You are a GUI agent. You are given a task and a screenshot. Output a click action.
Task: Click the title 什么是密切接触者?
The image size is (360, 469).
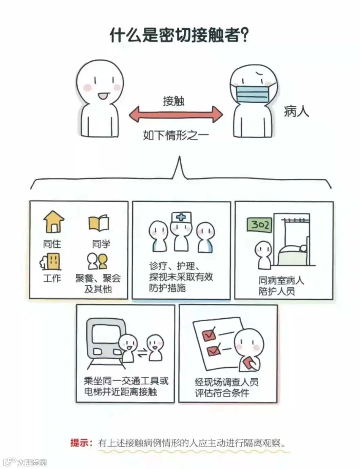pyautogui.click(x=180, y=35)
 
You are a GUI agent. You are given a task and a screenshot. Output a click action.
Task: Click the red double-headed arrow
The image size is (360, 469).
pyautogui.click(x=176, y=114)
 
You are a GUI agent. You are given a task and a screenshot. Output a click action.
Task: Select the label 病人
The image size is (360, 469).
pyautogui.click(x=296, y=111)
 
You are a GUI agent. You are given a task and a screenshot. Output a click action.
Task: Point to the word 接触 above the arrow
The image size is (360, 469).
pyautogui.click(x=174, y=101)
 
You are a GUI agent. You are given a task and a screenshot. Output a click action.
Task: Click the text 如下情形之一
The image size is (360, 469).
pyautogui.click(x=176, y=135)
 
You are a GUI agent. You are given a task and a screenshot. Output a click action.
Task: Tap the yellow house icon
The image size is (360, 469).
pyautogui.click(x=54, y=222)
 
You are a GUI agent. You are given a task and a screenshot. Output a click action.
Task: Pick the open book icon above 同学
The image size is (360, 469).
pyautogui.click(x=99, y=223)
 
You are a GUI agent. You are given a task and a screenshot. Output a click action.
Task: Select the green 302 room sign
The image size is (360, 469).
pyautogui.click(x=260, y=225)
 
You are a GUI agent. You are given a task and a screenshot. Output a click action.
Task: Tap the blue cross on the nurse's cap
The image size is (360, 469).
pyautogui.click(x=181, y=217)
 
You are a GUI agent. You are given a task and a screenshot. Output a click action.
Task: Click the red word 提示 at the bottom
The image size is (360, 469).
pyautogui.click(x=80, y=443)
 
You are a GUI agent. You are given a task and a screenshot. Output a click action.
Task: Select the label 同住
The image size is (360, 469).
pyautogui.click(x=52, y=243)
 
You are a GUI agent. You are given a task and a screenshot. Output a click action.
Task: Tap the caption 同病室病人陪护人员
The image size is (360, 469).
pyautogui.click(x=281, y=286)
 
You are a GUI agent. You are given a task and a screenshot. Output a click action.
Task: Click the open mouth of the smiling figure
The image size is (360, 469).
pyautogui.click(x=102, y=97)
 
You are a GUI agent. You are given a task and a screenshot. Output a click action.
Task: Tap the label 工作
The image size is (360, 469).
pyautogui.click(x=52, y=278)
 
